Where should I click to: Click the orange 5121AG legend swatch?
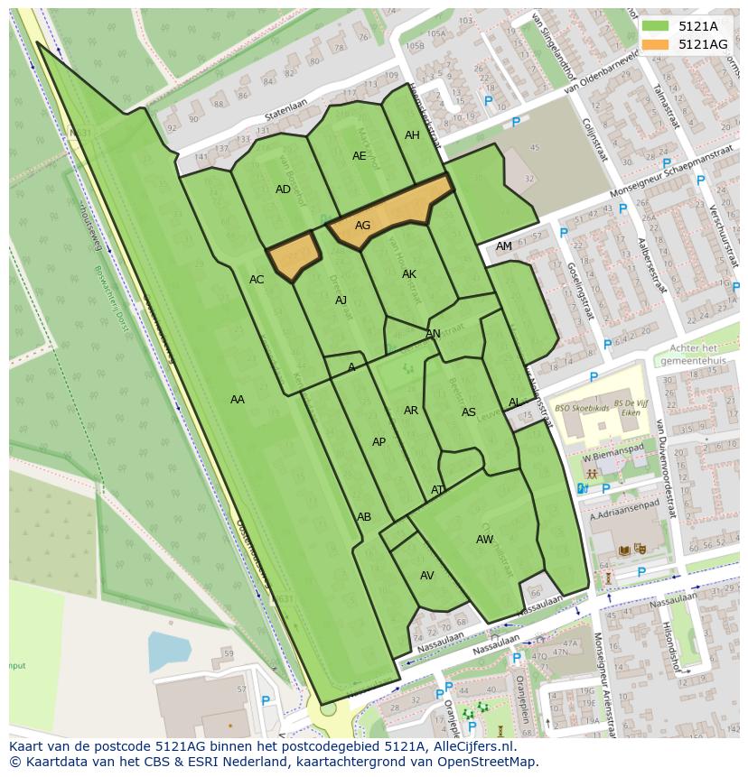point(655,43)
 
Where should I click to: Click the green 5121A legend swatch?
point(655,26)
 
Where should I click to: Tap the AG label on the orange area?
point(362,226)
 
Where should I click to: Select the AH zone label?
point(412,135)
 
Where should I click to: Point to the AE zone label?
point(360,155)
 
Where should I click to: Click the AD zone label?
point(283,190)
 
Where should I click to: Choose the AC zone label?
point(257,280)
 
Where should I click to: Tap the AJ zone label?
point(341,301)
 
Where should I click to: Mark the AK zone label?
point(409,274)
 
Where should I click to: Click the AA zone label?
point(238,399)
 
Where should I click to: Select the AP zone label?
point(379,442)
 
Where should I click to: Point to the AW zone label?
point(485,540)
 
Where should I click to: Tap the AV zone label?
point(427,576)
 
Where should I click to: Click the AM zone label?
point(504,246)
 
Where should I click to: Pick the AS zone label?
point(468,412)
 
